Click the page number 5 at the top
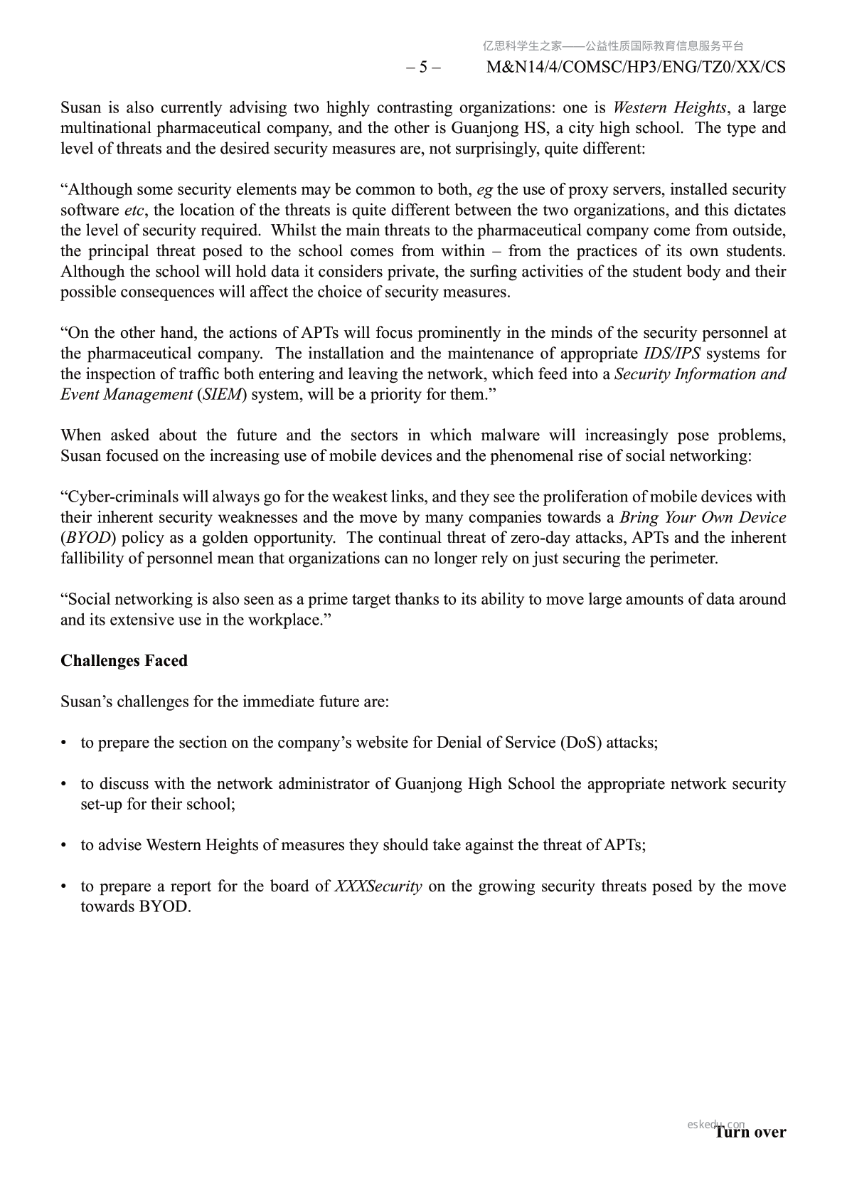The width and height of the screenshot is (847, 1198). pyautogui.click(x=423, y=68)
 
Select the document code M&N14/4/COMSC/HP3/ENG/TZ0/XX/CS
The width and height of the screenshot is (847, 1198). pyautogui.click(x=636, y=68)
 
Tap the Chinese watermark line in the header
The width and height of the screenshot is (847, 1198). pyautogui.click(x=613, y=46)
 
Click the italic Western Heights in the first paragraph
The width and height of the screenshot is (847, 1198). pyautogui.click(x=669, y=108)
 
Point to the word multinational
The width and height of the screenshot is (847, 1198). pyautogui.click(x=105, y=129)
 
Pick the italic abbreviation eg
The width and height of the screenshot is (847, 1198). pyautogui.click(x=484, y=190)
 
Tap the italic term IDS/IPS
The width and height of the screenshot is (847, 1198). pyautogui.click(x=672, y=354)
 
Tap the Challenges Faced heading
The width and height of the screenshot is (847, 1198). pyautogui.click(x=124, y=661)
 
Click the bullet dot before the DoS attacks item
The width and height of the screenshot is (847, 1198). pyautogui.click(x=64, y=743)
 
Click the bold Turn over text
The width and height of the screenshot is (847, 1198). pyautogui.click(x=750, y=1132)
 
